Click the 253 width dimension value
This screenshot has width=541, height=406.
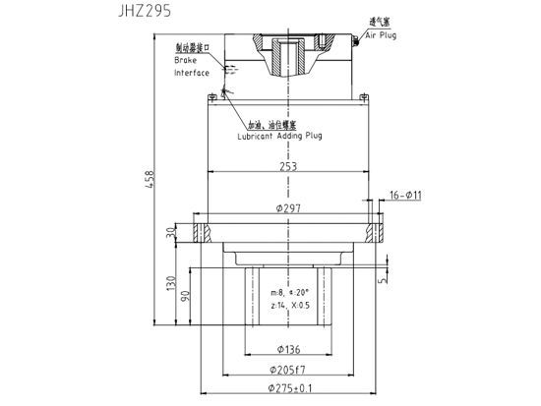click(287, 167)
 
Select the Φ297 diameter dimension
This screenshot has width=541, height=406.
click(287, 208)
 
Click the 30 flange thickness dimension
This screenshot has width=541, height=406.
click(170, 233)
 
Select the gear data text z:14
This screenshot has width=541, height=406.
click(278, 306)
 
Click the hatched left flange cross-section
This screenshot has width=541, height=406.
click(204, 233)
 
